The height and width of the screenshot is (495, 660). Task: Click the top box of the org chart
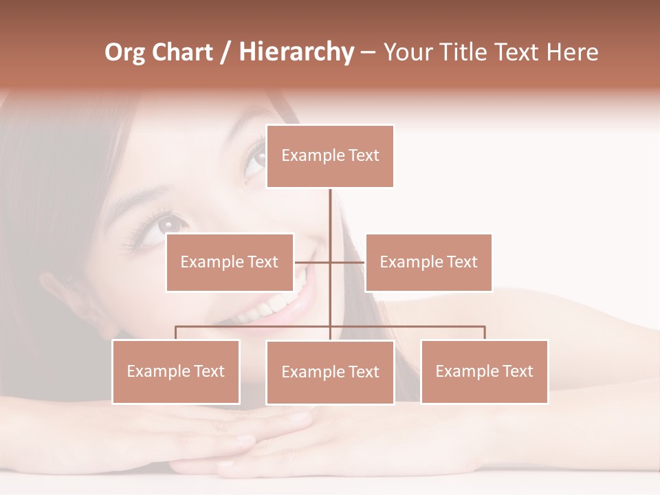330,156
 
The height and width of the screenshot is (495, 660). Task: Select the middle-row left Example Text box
230,262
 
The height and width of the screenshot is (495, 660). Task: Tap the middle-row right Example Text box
428,262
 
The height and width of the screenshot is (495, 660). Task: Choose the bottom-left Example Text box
175,371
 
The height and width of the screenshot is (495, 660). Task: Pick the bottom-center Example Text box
330,372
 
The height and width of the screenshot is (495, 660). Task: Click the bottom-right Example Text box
484,371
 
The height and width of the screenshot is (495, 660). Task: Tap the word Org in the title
125,52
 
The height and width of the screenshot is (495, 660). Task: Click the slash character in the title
225,53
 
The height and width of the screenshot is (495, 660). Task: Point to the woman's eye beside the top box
255,159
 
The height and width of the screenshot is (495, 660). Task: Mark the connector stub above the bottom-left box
175,333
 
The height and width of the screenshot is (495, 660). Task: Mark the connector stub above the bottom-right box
484,333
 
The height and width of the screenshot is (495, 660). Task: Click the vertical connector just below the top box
330,206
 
